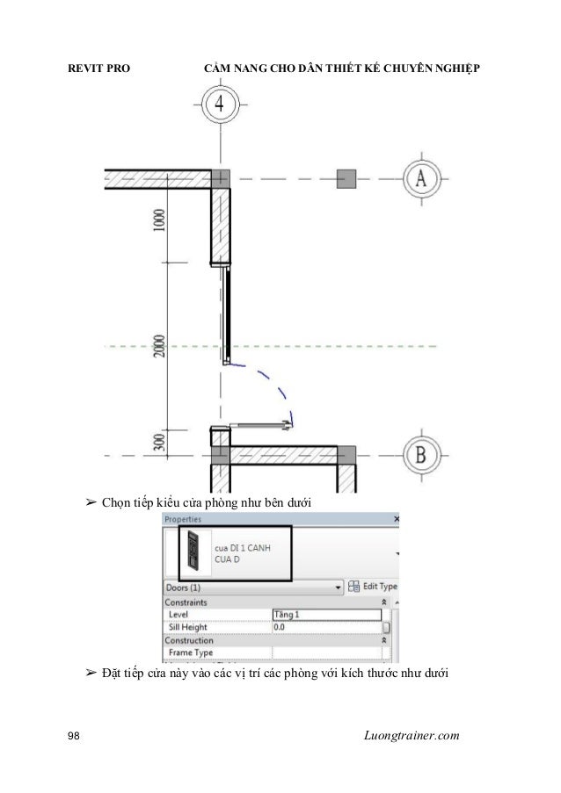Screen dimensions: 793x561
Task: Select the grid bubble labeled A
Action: coord(420,178)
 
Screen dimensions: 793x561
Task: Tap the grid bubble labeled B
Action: coord(420,455)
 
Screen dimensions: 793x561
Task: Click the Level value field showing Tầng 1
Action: coord(325,615)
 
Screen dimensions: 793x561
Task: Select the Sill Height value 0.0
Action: coord(325,628)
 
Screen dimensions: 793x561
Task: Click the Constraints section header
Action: coord(186,602)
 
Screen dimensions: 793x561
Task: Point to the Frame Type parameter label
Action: coord(191,653)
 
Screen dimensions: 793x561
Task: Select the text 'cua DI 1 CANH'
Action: coord(248,548)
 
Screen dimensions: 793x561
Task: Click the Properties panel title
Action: coord(183,519)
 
